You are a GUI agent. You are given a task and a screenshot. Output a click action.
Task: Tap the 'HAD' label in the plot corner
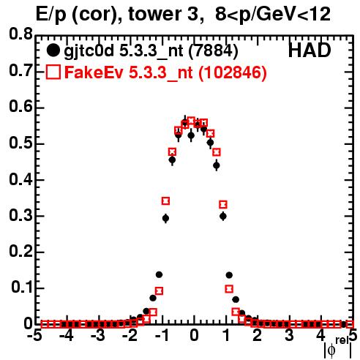click(x=310, y=50)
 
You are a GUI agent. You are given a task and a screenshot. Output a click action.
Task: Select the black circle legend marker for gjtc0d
click(x=53, y=50)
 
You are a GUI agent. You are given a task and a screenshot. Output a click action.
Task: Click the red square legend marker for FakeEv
click(x=53, y=72)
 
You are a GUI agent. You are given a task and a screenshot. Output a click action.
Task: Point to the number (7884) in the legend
click(x=213, y=51)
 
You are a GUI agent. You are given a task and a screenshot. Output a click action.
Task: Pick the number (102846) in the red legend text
click(x=233, y=72)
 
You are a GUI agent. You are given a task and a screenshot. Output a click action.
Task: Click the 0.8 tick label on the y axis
click(x=20, y=34)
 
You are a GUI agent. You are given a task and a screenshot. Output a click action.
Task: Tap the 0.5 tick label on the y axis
click(x=20, y=143)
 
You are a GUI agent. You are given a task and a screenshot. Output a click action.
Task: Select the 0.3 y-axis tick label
click(x=20, y=216)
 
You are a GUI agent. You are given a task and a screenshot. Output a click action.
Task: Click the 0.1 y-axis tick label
click(x=21, y=288)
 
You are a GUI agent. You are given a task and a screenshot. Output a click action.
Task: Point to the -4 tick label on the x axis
click(x=66, y=335)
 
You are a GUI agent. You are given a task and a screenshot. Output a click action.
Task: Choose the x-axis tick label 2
click(x=258, y=335)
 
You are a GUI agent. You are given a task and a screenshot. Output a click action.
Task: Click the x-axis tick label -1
click(x=162, y=335)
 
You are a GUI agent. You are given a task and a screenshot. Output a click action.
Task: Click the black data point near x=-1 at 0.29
click(x=165, y=218)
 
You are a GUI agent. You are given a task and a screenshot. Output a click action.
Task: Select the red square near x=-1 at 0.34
click(x=165, y=201)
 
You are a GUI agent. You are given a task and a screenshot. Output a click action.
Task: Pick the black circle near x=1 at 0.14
click(x=229, y=275)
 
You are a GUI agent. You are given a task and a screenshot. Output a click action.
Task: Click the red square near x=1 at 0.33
click(x=223, y=204)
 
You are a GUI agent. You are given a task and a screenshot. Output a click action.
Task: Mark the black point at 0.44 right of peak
click(x=217, y=165)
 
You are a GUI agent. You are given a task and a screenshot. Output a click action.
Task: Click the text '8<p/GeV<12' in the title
click(x=273, y=15)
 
